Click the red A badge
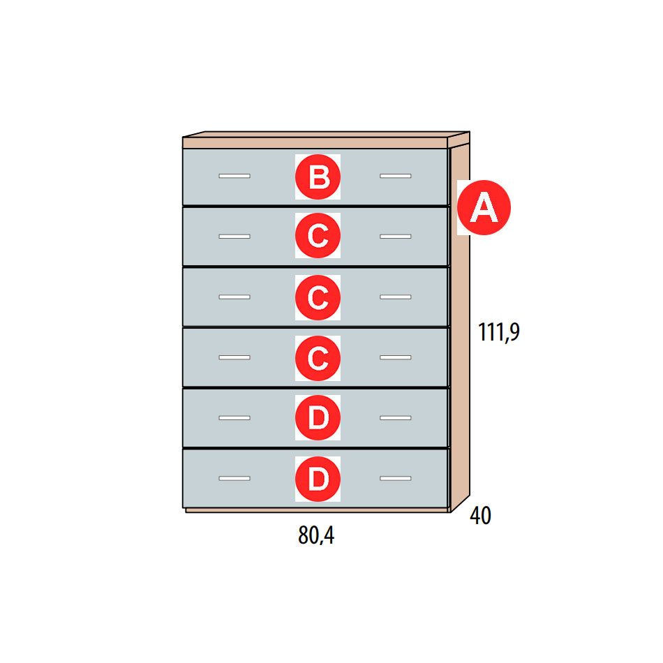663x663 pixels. (x=484, y=207)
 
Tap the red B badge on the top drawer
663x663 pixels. (x=318, y=177)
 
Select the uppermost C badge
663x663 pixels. (x=318, y=235)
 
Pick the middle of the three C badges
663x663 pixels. (x=318, y=297)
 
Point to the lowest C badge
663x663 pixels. (x=318, y=358)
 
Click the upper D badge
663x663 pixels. (x=318, y=418)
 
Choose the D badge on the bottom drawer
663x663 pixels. (x=318, y=479)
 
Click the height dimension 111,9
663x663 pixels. (x=498, y=332)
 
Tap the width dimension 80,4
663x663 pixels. (x=316, y=535)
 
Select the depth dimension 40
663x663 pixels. (x=480, y=516)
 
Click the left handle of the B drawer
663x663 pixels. (x=234, y=176)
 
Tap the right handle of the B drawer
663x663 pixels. (x=395, y=176)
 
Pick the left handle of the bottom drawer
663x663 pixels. (x=234, y=478)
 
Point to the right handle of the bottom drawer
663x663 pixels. (x=395, y=478)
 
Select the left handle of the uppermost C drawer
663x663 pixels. (x=234, y=237)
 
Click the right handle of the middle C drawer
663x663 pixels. (x=395, y=297)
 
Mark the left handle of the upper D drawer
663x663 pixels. (x=234, y=418)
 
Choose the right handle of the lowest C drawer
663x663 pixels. (x=395, y=357)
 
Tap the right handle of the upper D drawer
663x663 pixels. (x=395, y=418)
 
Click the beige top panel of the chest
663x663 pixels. (x=315, y=142)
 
